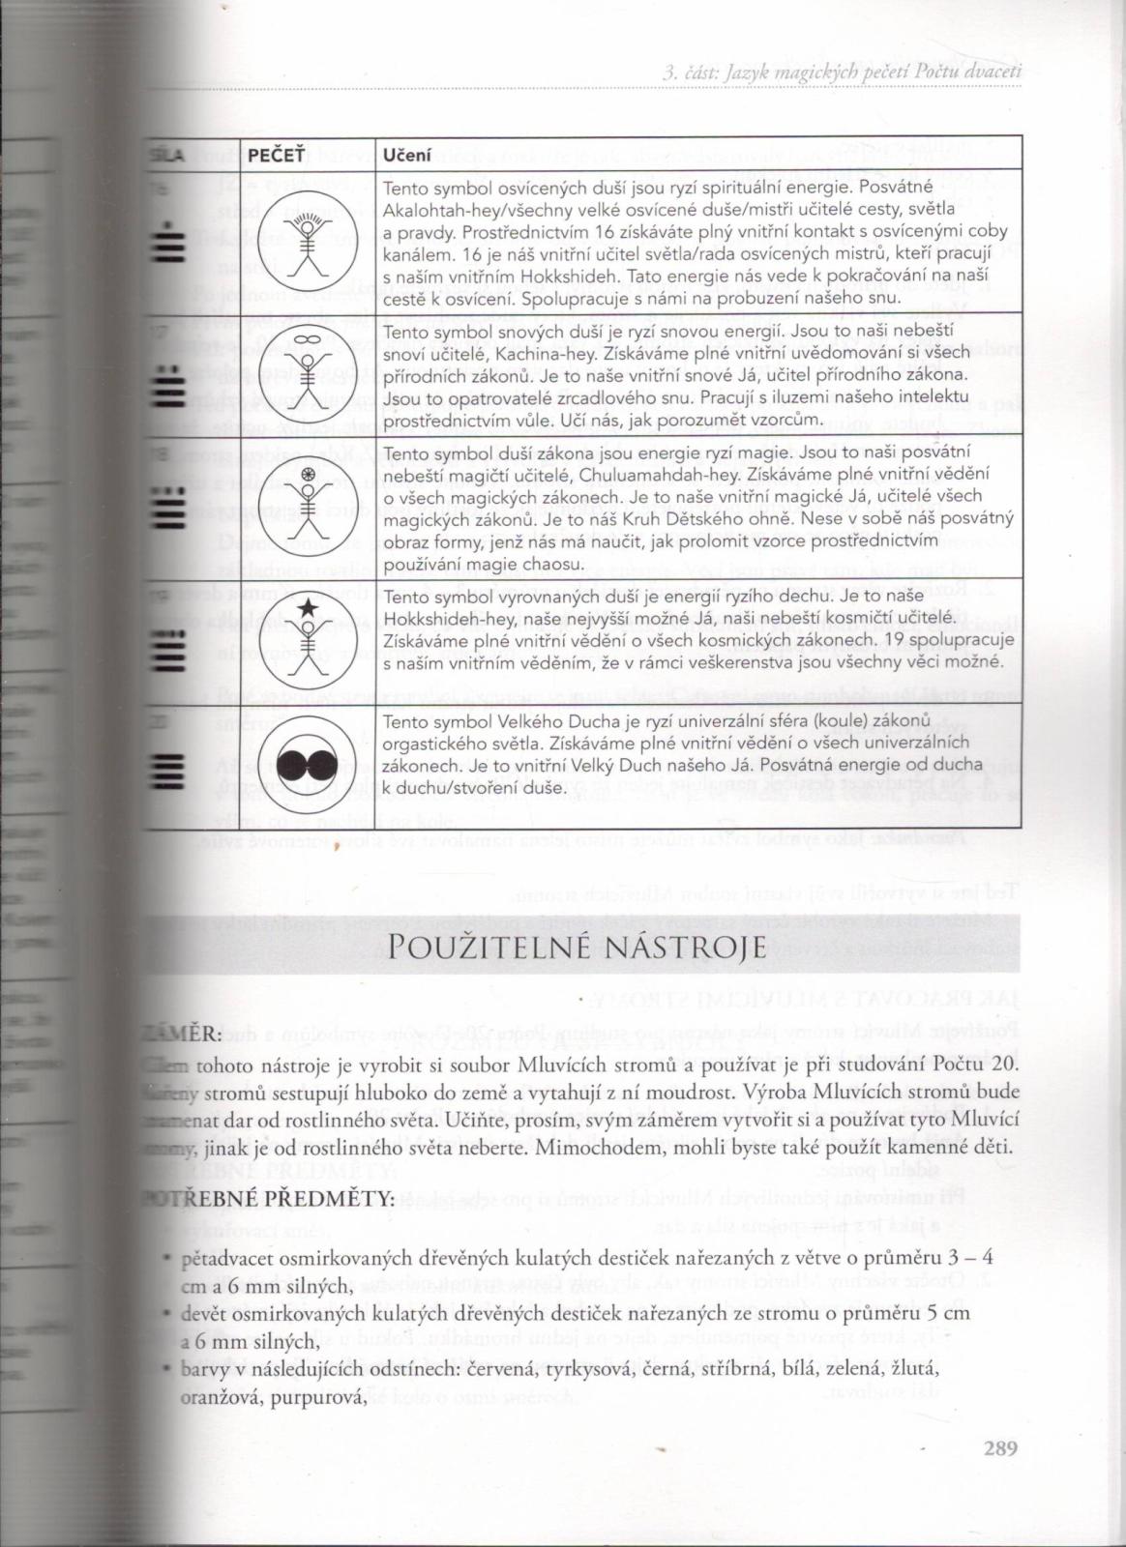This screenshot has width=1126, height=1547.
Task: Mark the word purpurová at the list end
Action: click(327, 1395)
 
